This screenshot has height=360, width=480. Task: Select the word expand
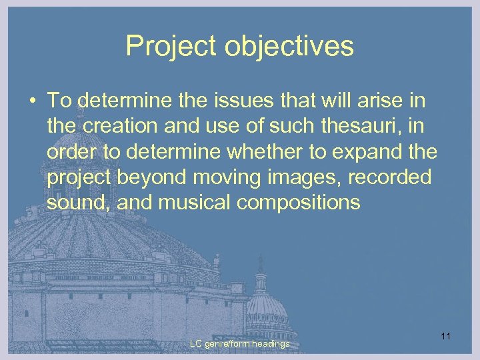point(365,152)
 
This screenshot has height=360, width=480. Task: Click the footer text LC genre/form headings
point(239,344)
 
